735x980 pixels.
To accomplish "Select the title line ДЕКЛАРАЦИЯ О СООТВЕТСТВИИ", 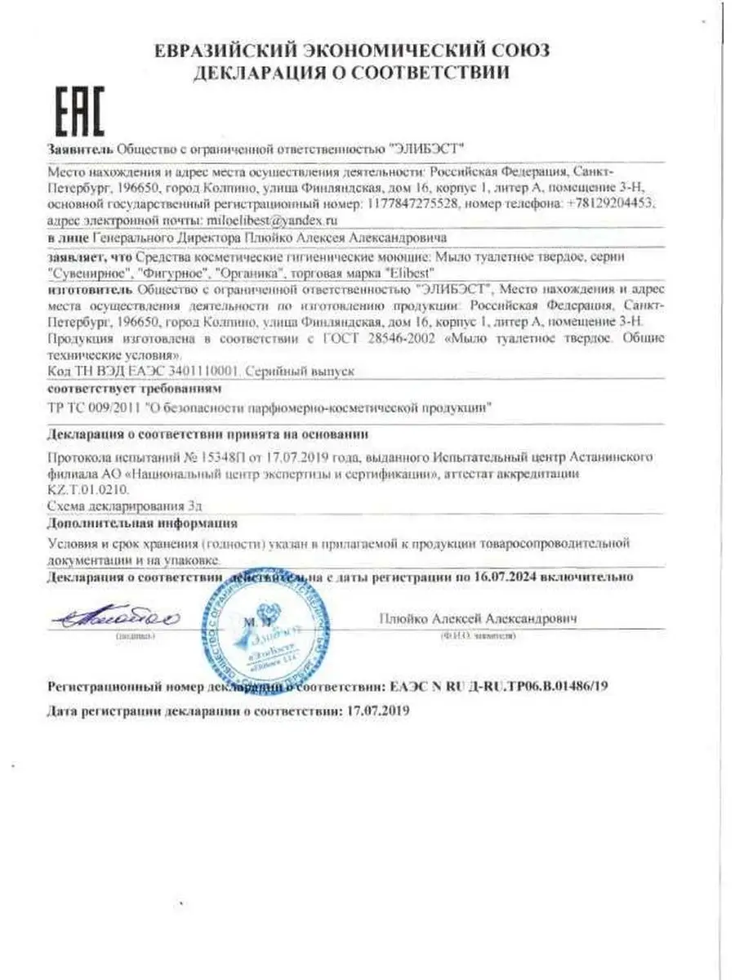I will [351, 73].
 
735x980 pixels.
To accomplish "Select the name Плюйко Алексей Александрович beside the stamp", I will [478, 619].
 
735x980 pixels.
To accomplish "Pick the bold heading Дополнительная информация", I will [143, 523].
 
